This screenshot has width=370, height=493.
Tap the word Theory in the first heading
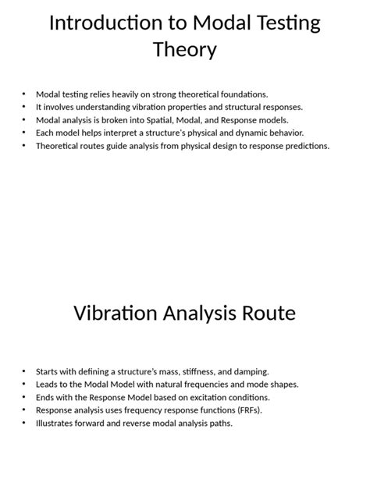coord(185,51)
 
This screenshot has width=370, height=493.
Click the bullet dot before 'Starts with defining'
coord(24,371)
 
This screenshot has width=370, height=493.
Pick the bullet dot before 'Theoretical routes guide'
coord(24,145)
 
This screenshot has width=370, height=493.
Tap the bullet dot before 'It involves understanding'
coord(24,107)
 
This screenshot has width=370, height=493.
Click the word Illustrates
coord(55,423)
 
